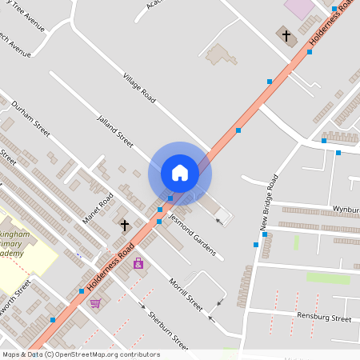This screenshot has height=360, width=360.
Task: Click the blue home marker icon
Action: (180, 173)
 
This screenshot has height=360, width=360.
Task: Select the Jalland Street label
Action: (114, 130)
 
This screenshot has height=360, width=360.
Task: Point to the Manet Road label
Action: (98, 208)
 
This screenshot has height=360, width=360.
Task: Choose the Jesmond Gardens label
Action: (192, 234)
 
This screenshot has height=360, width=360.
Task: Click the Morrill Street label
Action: (186, 295)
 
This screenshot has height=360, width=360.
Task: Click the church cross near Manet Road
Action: (124, 226)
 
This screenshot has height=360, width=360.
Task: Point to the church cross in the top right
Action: (286, 35)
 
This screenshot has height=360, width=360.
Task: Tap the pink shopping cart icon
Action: (95, 303)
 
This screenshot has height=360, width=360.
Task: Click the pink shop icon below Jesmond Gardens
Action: (138, 262)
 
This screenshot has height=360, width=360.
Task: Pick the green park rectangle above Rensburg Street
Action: (328, 278)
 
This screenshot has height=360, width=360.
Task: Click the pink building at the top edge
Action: (300, 8)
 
